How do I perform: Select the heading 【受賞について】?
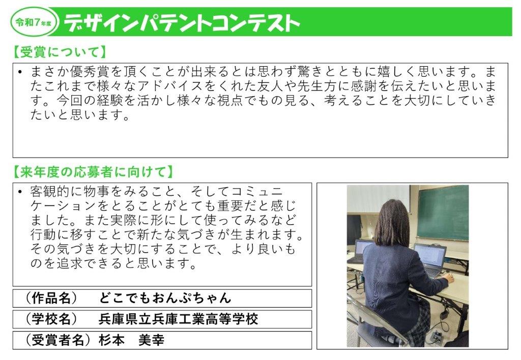(60, 52)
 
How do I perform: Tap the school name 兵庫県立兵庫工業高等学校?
(178, 319)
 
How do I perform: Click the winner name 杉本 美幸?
(131, 340)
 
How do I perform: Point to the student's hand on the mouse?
(448, 278)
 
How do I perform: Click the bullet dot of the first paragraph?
(19, 72)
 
